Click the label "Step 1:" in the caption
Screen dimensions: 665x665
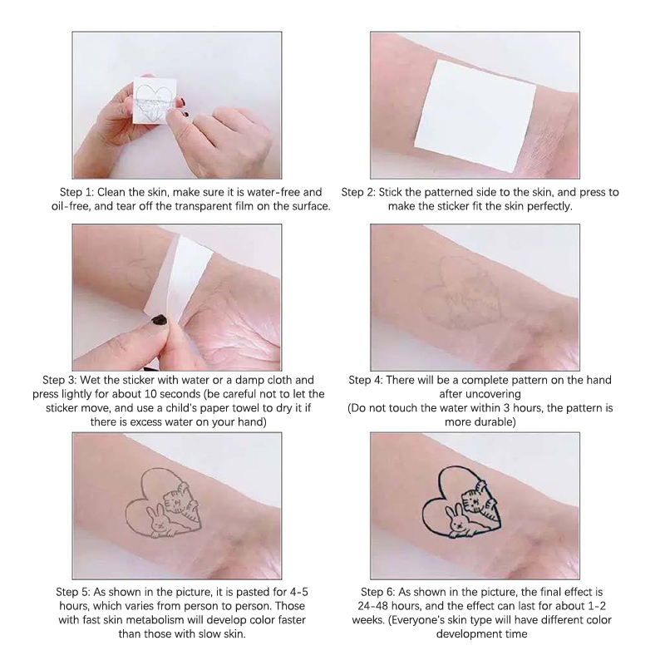coord(76,192)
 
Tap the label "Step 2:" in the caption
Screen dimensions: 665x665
coord(358,192)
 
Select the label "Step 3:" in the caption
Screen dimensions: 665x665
coord(59,380)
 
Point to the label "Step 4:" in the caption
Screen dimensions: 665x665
coord(366,380)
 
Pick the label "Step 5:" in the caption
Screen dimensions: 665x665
coord(73,592)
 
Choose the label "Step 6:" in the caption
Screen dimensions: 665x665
coord(378,592)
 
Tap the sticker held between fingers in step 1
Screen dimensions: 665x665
coord(154,100)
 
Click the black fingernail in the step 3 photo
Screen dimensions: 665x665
coord(160,319)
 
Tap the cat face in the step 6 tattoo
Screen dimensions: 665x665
coord(473,500)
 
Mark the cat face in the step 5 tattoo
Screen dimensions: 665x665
coord(176,502)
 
